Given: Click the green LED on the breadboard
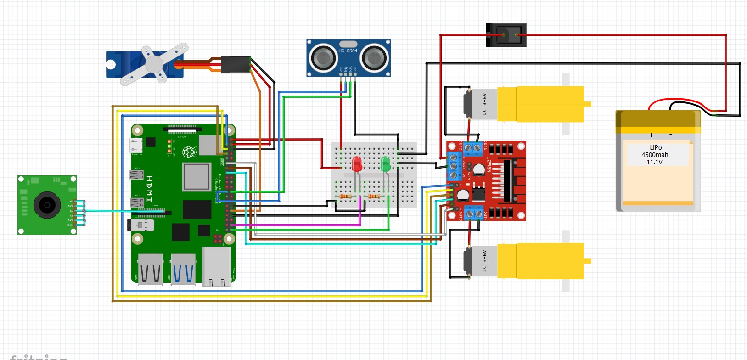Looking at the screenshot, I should [x=386, y=163].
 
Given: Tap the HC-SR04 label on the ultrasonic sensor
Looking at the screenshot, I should [x=348, y=51].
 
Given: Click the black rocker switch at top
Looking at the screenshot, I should [x=506, y=35].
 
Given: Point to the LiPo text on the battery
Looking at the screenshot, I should [x=656, y=147].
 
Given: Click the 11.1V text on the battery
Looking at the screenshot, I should [x=655, y=162].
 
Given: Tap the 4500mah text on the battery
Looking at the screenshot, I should [x=655, y=155].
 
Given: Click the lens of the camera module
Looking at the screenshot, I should [x=47, y=205].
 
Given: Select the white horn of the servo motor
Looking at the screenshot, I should [x=154, y=64].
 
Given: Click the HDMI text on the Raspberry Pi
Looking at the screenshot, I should [x=149, y=188].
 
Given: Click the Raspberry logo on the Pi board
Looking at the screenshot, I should [x=190, y=152].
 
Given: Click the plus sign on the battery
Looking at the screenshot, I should [x=651, y=135].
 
